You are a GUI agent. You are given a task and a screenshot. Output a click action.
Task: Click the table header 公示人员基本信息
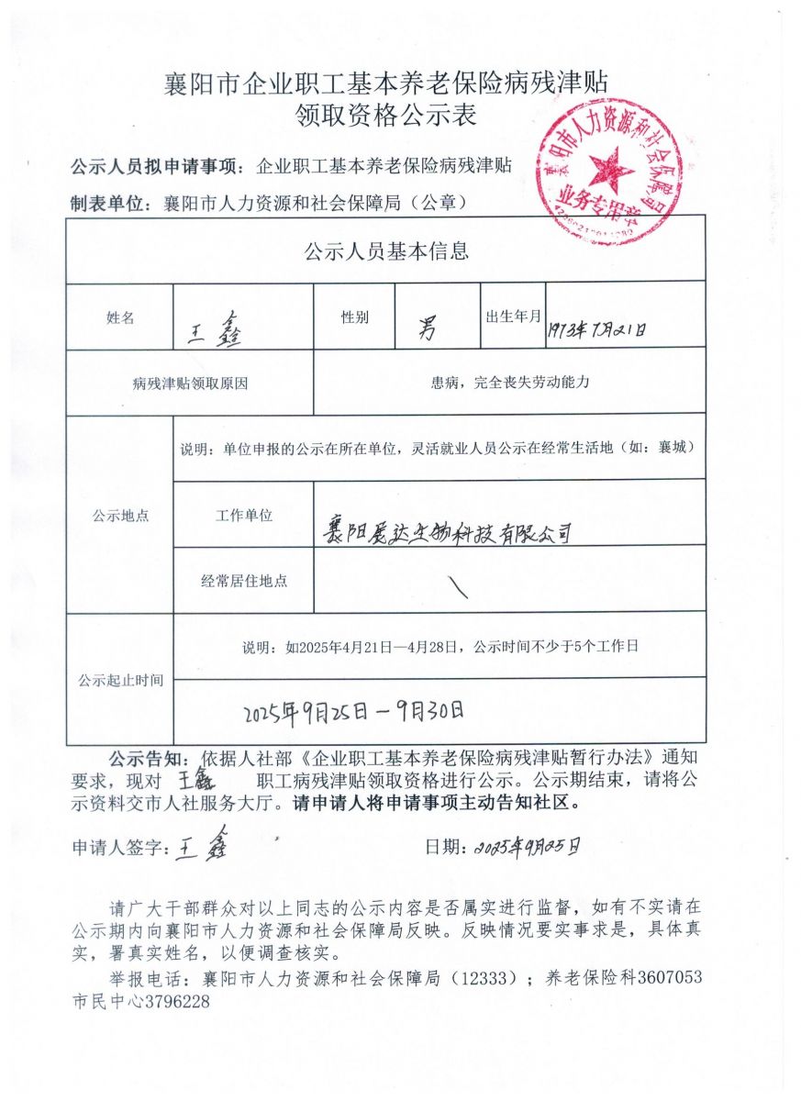(385, 250)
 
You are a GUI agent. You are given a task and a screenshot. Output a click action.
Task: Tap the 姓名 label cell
(120, 317)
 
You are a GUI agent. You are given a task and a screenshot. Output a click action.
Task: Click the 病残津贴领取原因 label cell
(190, 384)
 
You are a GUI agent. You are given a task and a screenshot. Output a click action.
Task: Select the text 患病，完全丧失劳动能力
(509, 383)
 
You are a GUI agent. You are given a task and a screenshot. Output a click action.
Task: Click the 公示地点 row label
(119, 516)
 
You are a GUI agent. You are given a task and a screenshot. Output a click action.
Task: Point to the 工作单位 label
(244, 516)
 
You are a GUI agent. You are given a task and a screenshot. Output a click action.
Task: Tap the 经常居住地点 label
(244, 581)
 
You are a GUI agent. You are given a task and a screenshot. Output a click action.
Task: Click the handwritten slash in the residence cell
(458, 588)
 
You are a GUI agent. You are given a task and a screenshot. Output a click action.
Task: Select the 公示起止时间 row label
(120, 680)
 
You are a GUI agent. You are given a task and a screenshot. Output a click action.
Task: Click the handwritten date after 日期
(527, 846)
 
